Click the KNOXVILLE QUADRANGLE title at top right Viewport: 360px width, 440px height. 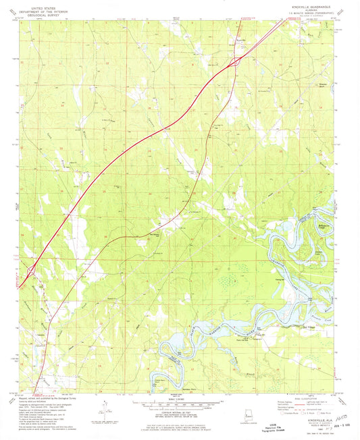(318, 4)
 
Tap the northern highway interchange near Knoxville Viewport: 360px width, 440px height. (235, 62)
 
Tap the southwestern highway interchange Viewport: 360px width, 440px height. (31, 272)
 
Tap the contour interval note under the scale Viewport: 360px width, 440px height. (180, 413)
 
